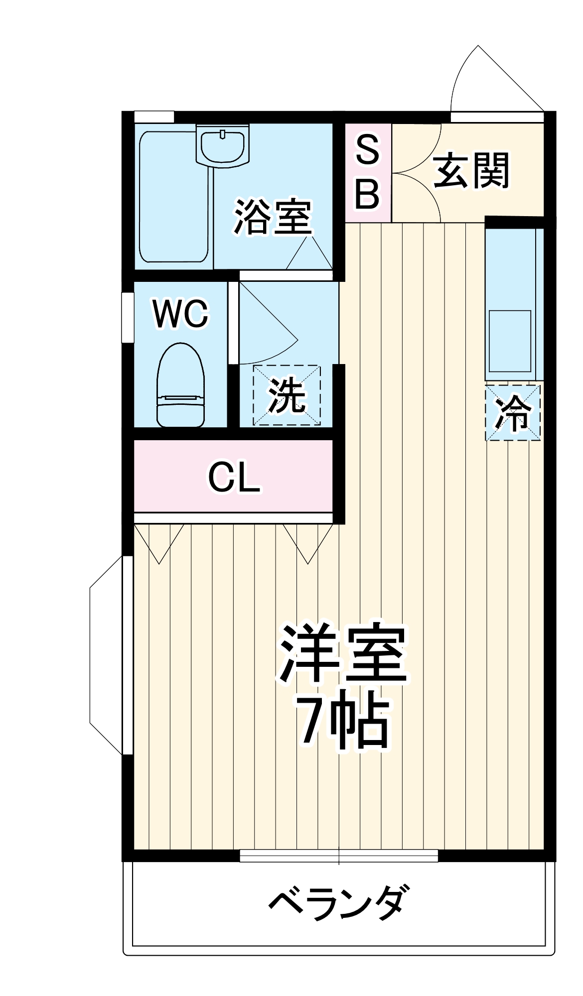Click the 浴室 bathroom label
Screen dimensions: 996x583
273,217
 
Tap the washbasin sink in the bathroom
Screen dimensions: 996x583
222,145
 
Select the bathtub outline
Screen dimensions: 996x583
173,197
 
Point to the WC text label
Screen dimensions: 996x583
180,314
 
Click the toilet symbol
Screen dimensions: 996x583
180,386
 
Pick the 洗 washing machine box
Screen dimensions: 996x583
287,395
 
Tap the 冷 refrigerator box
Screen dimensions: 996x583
513,412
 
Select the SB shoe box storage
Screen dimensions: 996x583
368,172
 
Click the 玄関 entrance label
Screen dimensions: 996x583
471,171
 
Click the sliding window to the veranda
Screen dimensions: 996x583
339,856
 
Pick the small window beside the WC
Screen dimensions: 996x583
128,317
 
